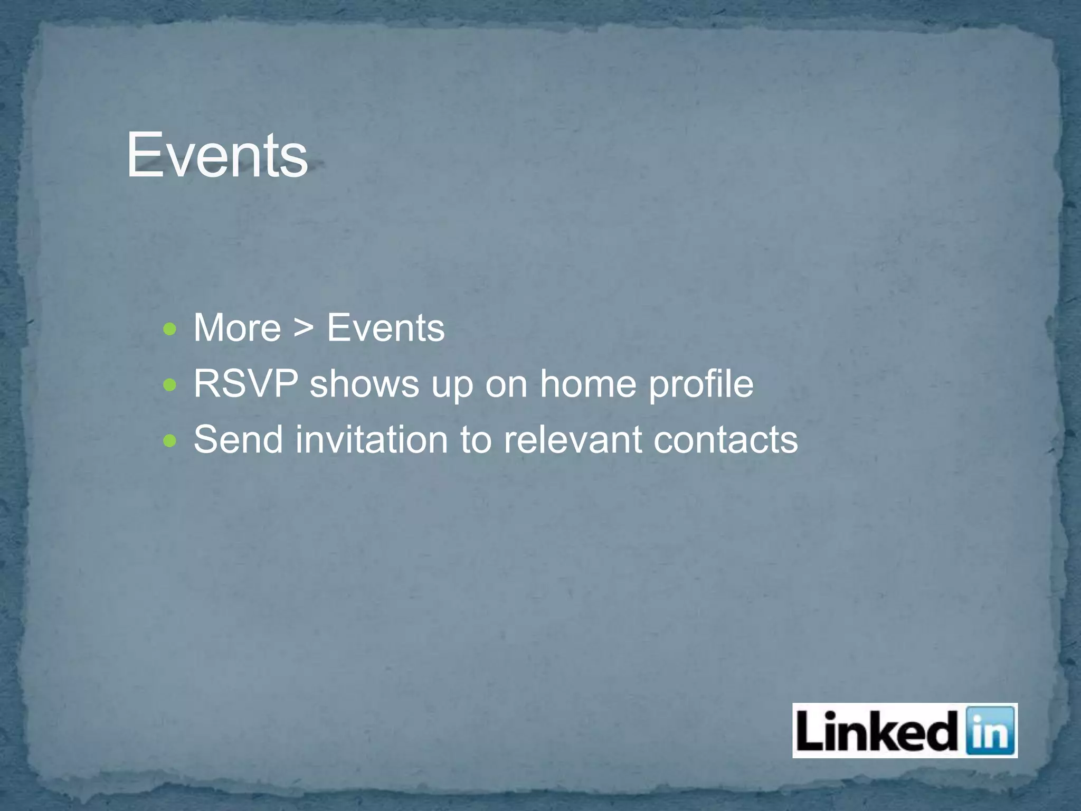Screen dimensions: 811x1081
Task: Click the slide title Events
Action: (217, 155)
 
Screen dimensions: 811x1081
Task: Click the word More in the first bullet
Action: (237, 328)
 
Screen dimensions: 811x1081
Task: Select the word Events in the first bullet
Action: (386, 328)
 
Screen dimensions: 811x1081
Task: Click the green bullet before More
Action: (170, 330)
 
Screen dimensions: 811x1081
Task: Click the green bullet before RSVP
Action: (170, 385)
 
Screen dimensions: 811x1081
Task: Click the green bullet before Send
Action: (170, 440)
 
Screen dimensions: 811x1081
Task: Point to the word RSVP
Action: (245, 384)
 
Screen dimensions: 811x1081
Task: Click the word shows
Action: (364, 384)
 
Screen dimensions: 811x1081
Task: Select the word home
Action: (587, 384)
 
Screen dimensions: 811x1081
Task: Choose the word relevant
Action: (572, 439)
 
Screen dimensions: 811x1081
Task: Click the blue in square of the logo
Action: (989, 731)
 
